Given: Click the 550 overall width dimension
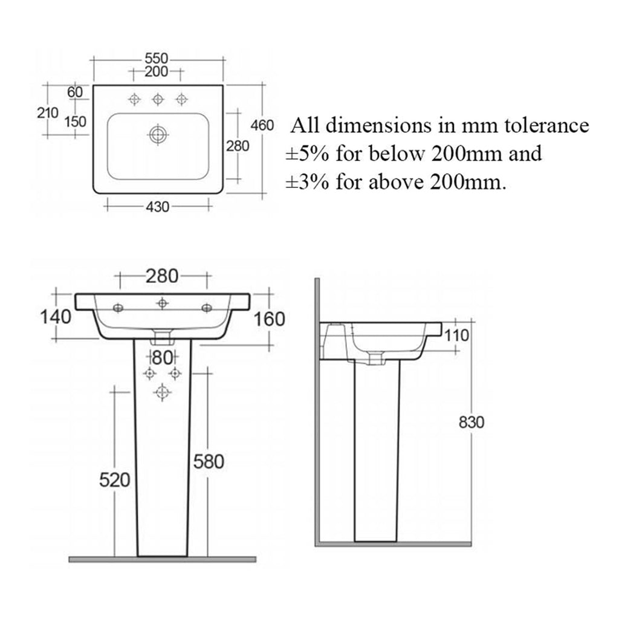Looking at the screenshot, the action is (x=157, y=59).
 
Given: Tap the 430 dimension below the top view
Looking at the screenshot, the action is (x=158, y=207).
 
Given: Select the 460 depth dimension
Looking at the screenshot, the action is (x=262, y=126).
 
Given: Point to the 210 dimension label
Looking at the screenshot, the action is (x=48, y=113).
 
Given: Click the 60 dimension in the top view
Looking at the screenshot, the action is (x=75, y=92).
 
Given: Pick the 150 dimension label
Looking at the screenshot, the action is (x=76, y=122).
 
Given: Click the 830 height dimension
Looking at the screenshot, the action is (x=472, y=423).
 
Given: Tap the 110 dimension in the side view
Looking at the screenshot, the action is (x=457, y=335).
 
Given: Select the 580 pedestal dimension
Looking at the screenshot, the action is (x=209, y=461).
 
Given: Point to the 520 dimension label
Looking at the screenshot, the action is (x=114, y=480).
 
